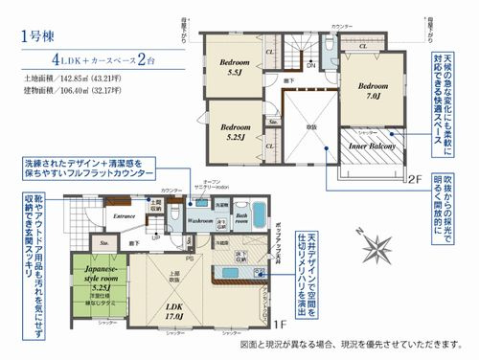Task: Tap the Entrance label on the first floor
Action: pyautogui.click(x=125, y=217)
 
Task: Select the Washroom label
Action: pyautogui.click(x=199, y=218)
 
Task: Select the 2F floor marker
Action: pyautogui.click(x=415, y=179)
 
